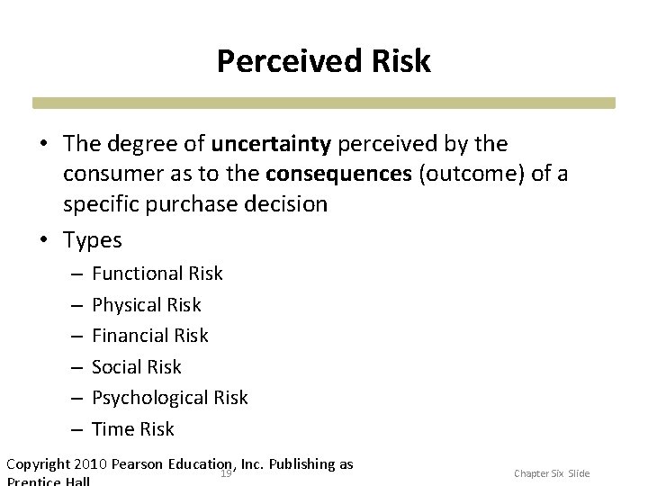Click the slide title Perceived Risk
click(x=324, y=61)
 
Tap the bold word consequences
click(x=355, y=174)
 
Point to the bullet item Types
click(x=94, y=240)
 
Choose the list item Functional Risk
click(x=157, y=273)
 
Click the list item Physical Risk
click(x=147, y=304)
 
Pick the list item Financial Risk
click(x=150, y=336)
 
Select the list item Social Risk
click(x=137, y=366)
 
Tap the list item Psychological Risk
click(x=170, y=398)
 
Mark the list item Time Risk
click(x=133, y=429)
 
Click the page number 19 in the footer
click(x=227, y=472)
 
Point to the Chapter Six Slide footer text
click(x=553, y=472)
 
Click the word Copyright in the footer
click(x=40, y=464)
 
